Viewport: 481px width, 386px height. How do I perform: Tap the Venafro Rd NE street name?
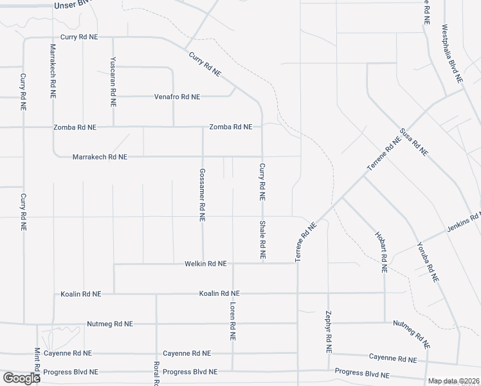point(177,96)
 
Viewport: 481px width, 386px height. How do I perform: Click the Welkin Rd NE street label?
point(205,264)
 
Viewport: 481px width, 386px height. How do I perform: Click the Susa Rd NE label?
point(413,142)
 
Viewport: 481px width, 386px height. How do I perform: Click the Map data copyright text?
point(453,381)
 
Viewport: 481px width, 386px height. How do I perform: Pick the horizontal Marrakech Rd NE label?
point(100,156)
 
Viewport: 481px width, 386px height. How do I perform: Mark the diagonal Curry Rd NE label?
point(204,64)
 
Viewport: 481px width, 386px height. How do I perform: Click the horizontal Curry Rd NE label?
point(78,37)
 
